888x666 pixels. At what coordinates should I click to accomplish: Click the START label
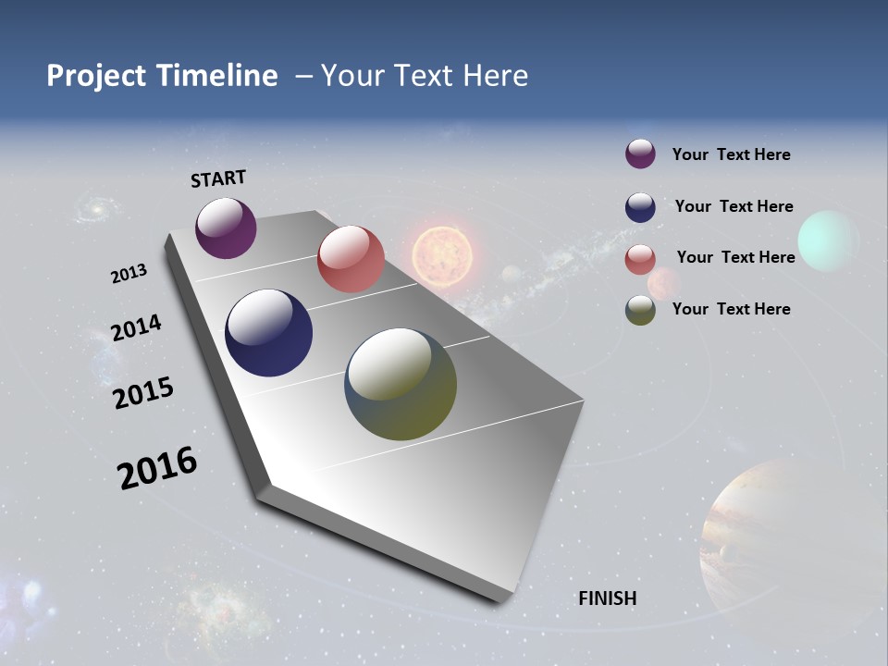[x=218, y=179]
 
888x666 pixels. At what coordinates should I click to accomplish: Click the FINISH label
[x=607, y=598]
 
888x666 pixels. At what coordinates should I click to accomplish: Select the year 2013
[x=129, y=274]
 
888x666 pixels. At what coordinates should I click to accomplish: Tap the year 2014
[x=136, y=327]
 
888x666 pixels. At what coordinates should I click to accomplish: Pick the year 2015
[x=142, y=393]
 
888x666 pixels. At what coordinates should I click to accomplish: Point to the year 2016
[x=157, y=468]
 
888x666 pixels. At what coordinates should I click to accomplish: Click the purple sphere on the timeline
[x=226, y=228]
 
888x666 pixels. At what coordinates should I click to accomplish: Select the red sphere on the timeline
[x=351, y=259]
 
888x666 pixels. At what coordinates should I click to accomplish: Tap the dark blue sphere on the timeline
[x=268, y=333]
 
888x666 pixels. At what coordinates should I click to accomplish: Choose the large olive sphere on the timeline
[x=401, y=384]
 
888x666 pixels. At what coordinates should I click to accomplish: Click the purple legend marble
[x=640, y=154]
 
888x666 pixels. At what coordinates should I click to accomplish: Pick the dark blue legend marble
[x=640, y=207]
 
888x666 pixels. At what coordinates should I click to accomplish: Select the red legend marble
[x=640, y=259]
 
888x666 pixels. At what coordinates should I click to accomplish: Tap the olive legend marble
[x=640, y=310]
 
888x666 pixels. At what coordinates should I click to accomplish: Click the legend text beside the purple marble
[x=731, y=154]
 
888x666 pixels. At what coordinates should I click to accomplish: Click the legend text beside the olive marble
[x=731, y=309]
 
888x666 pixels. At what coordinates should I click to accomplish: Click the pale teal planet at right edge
[x=829, y=240]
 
